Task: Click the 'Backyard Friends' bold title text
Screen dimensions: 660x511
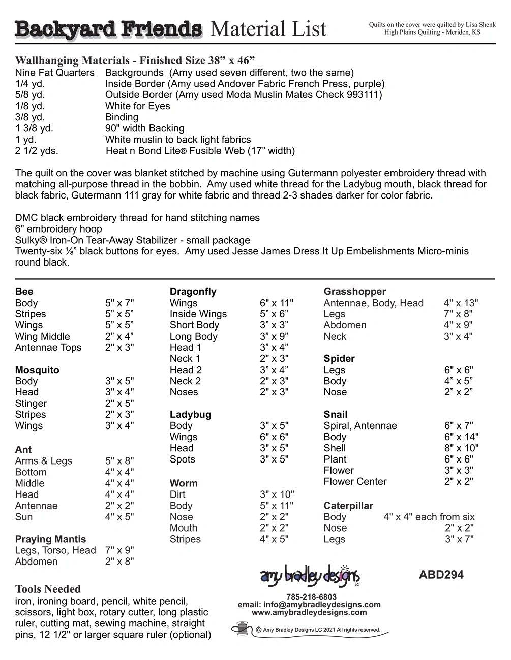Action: tap(108, 29)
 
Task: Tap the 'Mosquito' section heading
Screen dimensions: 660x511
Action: tap(37, 370)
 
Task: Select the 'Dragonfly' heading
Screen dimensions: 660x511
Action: tap(193, 292)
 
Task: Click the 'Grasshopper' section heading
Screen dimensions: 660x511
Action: tap(354, 292)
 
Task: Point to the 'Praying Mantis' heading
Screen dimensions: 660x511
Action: tap(50, 539)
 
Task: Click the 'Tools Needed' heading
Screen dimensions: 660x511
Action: tap(48, 589)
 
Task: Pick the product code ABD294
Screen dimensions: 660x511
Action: tap(441, 575)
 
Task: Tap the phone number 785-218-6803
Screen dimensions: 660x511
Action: tap(311, 597)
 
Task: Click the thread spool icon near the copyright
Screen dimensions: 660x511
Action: tap(241, 629)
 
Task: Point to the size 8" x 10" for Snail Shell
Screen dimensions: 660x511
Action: tap(461, 448)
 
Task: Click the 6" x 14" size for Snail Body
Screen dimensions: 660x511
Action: tap(461, 437)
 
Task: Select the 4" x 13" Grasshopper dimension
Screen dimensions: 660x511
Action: tap(461, 303)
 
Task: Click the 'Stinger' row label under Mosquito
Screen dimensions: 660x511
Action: tap(31, 404)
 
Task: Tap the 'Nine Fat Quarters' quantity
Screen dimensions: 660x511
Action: tap(54, 73)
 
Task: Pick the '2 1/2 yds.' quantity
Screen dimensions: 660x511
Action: tap(37, 151)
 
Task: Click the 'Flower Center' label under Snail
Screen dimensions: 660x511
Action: tap(355, 482)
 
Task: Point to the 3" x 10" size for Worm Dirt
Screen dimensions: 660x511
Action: tap(277, 494)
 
